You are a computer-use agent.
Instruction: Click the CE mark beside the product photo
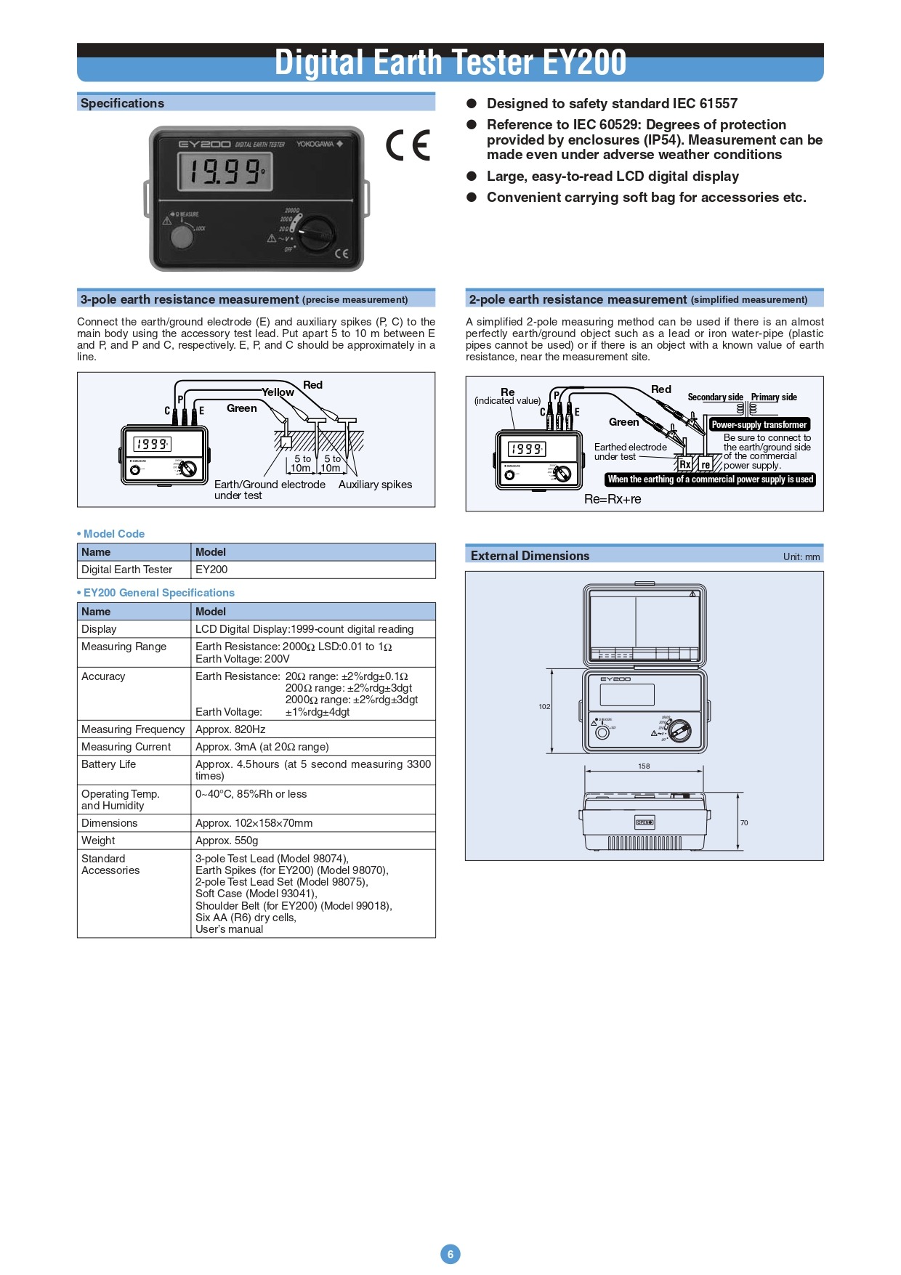408,145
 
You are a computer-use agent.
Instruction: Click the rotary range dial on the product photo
318,233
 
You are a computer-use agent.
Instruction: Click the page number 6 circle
450,1253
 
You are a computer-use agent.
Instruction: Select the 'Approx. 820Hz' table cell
230,729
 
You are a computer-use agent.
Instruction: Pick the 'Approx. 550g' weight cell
227,841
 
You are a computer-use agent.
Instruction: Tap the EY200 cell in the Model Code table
211,570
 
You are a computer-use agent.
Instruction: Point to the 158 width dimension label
644,766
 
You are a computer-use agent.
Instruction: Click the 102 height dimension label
544,707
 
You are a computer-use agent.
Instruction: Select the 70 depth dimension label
744,823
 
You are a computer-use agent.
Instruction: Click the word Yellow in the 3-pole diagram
278,392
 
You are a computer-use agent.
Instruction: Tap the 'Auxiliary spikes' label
375,485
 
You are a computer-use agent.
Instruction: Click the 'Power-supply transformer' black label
759,424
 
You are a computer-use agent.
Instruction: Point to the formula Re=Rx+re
613,499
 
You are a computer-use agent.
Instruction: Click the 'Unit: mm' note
801,557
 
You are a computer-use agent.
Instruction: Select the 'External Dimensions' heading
530,556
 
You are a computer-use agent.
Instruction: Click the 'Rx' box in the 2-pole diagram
685,464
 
